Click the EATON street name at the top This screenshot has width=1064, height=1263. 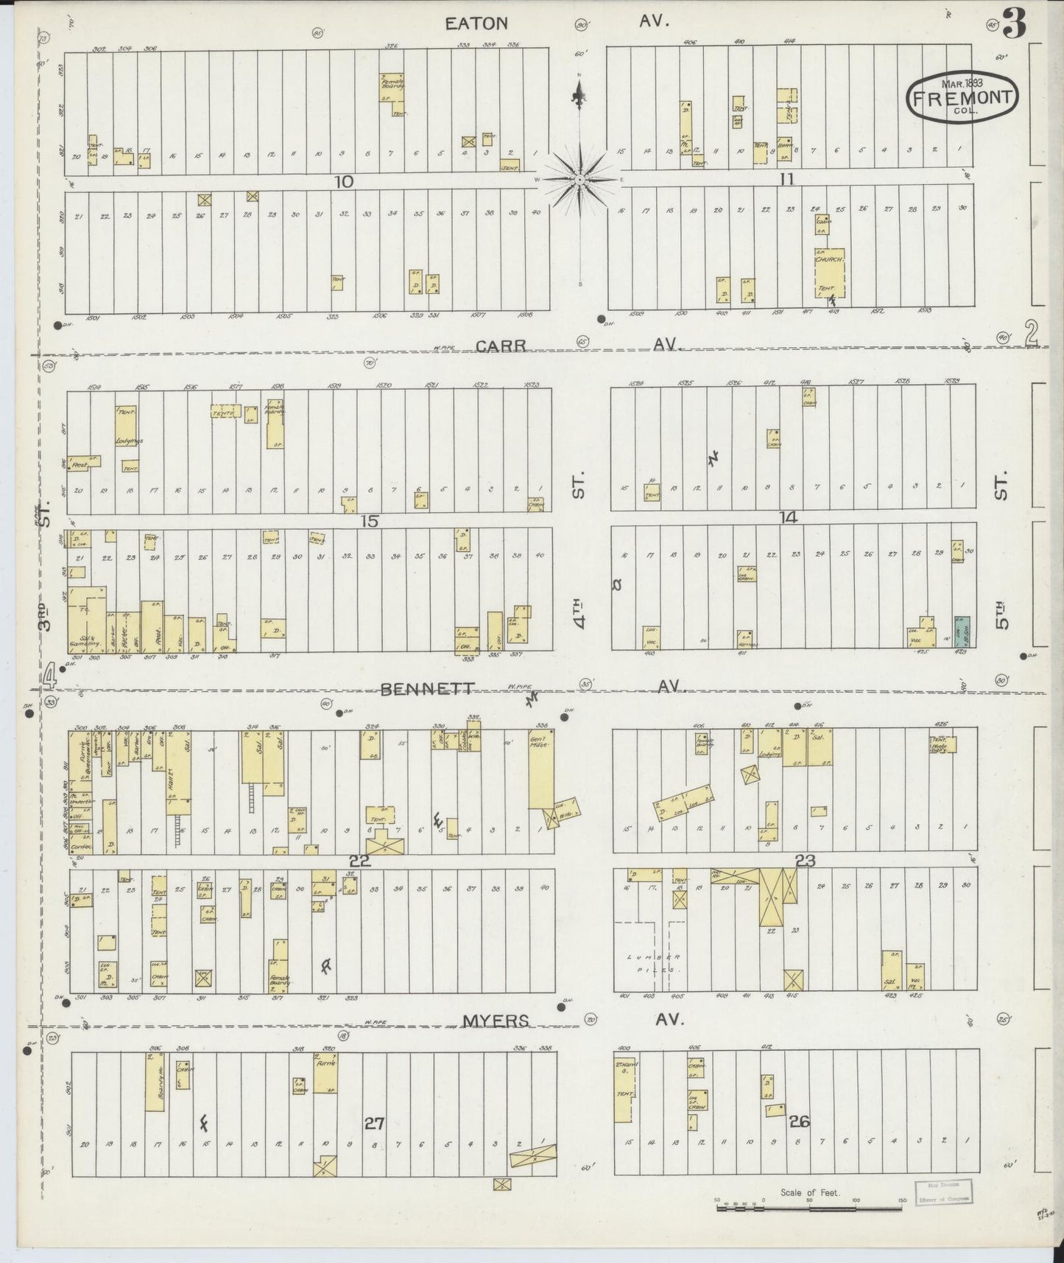[476, 24]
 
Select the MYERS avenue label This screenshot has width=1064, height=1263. [496, 1021]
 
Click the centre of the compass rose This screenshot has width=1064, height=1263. [579, 179]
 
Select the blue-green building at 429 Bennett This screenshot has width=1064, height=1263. [962, 632]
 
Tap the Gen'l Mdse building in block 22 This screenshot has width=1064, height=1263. [540, 770]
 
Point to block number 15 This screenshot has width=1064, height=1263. [370, 521]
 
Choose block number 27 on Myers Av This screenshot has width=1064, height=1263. [374, 1124]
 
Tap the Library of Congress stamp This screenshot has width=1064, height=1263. [943, 1192]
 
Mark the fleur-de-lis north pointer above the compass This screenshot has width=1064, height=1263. [579, 94]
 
